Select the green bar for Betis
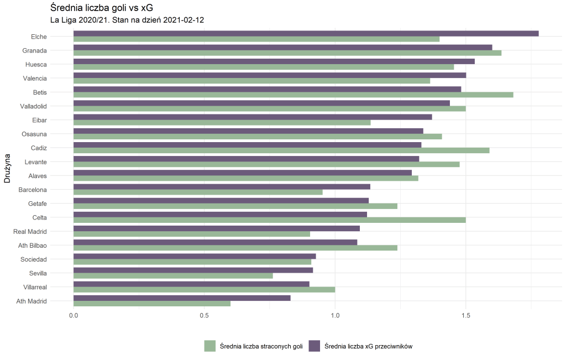point(293,95)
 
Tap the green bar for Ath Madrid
point(152,304)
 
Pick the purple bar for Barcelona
point(222,187)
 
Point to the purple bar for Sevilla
point(193,270)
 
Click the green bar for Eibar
point(222,123)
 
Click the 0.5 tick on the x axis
point(204,315)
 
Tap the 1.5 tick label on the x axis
point(465,315)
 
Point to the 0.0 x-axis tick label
point(74,315)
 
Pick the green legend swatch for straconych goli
point(209,346)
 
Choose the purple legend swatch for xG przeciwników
point(313,346)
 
